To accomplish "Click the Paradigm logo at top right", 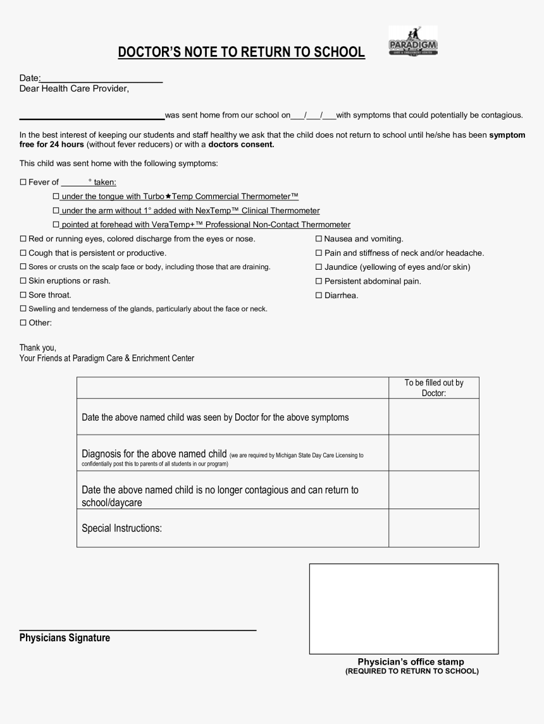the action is [x=412, y=42].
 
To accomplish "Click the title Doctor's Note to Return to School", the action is [x=241, y=52].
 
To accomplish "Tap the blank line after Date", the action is [x=101, y=78].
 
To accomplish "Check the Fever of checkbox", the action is [x=23, y=183].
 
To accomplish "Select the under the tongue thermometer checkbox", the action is [x=56, y=197].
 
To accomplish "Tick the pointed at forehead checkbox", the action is [x=56, y=225].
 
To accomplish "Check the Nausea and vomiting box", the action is [x=319, y=239].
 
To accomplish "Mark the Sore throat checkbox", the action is [x=23, y=295].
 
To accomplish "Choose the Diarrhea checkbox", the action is [x=319, y=295].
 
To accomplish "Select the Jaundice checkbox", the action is [x=319, y=267].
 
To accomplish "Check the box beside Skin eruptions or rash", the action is [x=23, y=281].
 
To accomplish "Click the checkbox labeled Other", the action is [x=23, y=323].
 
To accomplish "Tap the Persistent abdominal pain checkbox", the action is [x=319, y=281].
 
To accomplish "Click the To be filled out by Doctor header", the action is [x=434, y=388].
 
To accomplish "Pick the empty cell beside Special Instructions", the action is [x=434, y=528].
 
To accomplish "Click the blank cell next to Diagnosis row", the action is [x=434, y=452].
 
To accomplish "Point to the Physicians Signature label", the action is [x=65, y=638].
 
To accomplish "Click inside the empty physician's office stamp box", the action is [x=404, y=608].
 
